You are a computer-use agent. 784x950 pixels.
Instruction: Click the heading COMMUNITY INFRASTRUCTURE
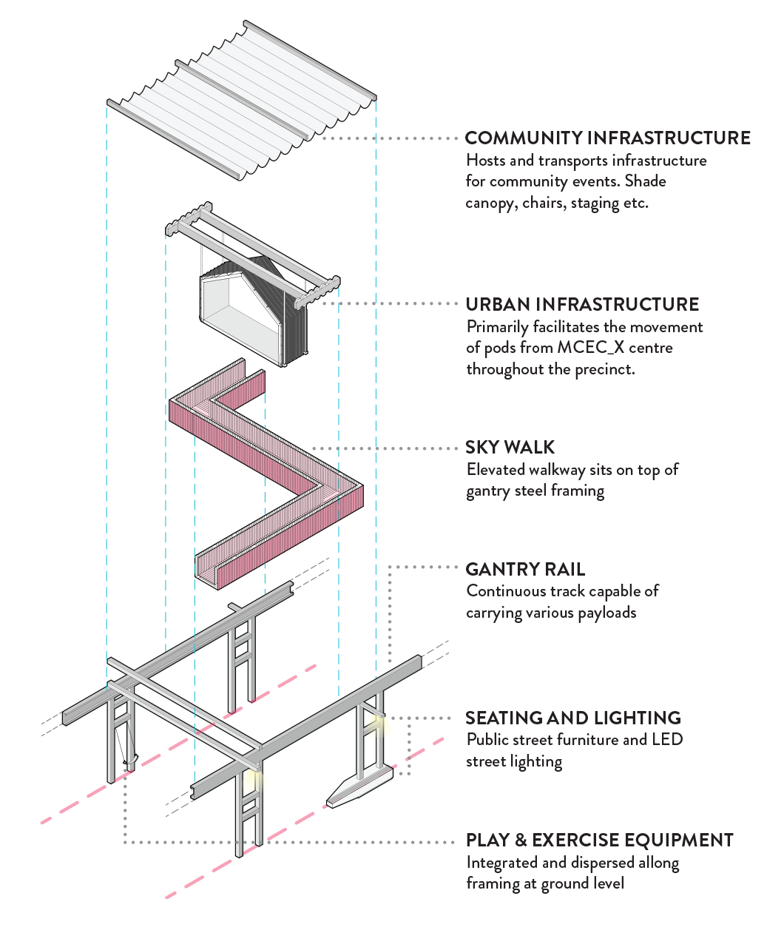[x=607, y=138]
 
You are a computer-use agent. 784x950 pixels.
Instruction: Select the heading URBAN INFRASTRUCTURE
[x=582, y=305]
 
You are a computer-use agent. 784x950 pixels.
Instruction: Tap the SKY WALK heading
[x=510, y=448]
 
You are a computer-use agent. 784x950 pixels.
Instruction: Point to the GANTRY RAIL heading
[x=525, y=570]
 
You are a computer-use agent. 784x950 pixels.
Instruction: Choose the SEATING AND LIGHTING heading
[x=573, y=718]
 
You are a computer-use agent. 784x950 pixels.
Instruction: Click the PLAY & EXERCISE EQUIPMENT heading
[x=599, y=840]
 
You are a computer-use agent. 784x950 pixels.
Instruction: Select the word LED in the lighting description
[x=667, y=740]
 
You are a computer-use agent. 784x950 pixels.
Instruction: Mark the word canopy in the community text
[x=491, y=203]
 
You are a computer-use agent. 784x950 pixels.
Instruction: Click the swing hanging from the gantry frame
[x=127, y=747]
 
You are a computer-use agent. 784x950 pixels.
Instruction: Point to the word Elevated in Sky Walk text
[x=496, y=470]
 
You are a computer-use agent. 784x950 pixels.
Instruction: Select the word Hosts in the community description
[x=485, y=161]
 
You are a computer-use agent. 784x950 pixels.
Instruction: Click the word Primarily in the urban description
[x=497, y=327]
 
